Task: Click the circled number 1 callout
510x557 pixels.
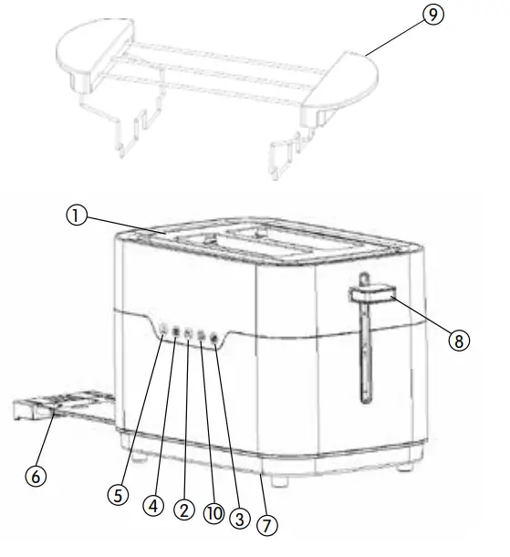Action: tap(78, 215)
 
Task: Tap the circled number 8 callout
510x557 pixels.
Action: tap(459, 341)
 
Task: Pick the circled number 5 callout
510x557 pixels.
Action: tap(116, 494)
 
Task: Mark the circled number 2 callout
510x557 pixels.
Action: tap(183, 511)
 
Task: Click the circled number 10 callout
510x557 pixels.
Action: tap(214, 514)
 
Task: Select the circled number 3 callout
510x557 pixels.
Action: tap(241, 518)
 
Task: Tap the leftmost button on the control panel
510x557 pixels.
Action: tap(162, 330)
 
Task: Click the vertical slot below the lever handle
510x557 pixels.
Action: tap(363, 356)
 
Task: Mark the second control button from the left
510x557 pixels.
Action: tap(175, 331)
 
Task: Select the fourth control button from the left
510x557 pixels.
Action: tap(202, 335)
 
